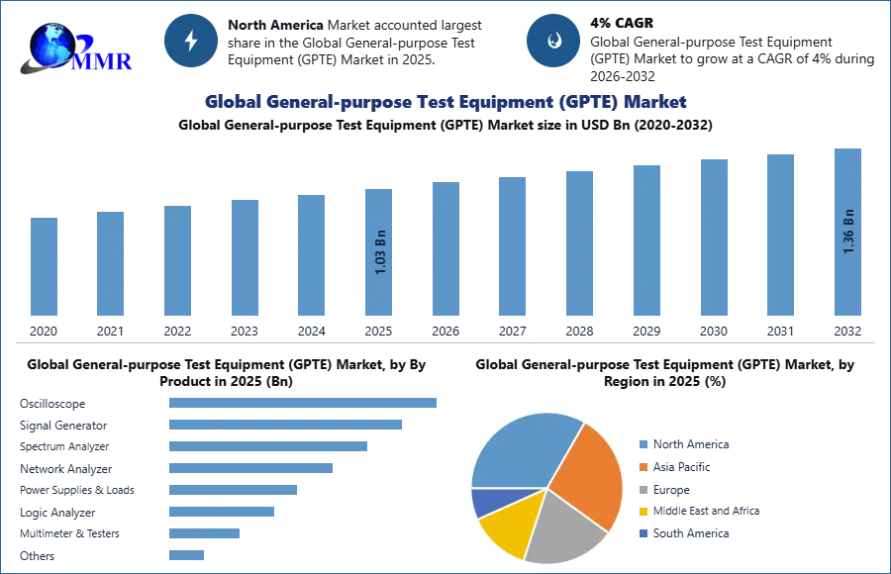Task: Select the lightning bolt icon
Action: [x=191, y=41]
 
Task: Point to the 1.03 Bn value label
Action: [x=380, y=251]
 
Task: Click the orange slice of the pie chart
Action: [x=589, y=475]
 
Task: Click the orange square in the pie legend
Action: [x=642, y=467]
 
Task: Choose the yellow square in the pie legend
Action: [x=642, y=511]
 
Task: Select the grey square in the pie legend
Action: [x=642, y=489]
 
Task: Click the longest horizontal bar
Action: [x=304, y=404]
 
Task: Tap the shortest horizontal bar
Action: [x=186, y=554]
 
